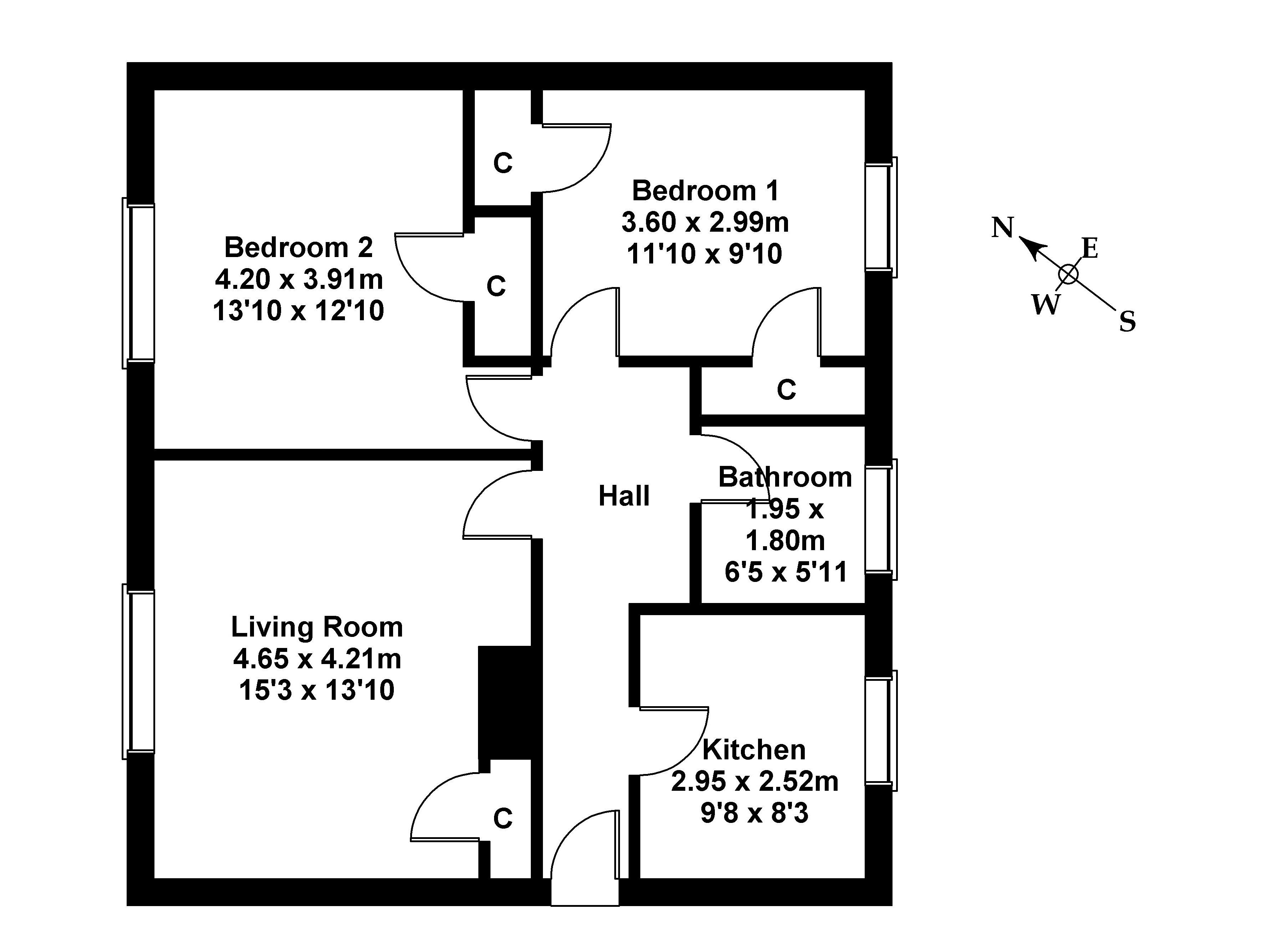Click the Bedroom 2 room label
(298, 247)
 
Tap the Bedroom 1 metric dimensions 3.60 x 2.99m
(705, 222)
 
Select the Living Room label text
(316, 627)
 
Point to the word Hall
(624, 496)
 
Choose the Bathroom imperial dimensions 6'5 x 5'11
(786, 572)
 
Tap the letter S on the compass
(1127, 322)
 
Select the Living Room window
(138, 671)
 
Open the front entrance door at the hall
(585, 876)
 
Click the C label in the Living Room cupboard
(503, 819)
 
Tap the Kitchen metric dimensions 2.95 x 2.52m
(754, 781)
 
